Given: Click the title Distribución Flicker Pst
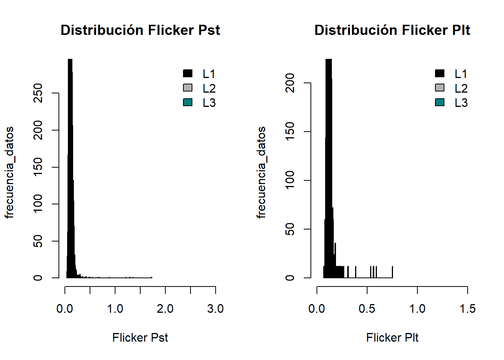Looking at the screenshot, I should (x=140, y=30).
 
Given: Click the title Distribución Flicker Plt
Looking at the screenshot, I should (x=392, y=30).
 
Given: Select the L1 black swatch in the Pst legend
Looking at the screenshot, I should (x=187, y=73).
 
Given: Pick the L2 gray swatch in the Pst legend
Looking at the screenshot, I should (x=187, y=88).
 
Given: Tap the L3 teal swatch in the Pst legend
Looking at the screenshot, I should (x=187, y=102).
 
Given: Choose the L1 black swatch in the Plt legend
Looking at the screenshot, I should (x=439, y=73).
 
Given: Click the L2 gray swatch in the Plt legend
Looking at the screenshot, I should (x=439, y=88).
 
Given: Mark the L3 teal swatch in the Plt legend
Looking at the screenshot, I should (x=439, y=102).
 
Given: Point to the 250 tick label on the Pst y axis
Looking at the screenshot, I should (x=38, y=93).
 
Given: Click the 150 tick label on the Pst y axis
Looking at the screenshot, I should (x=38, y=167).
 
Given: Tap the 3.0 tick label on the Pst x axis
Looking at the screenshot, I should (x=215, y=309).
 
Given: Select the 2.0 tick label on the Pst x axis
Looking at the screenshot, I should (x=165, y=309).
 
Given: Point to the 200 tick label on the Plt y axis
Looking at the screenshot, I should (x=290, y=83).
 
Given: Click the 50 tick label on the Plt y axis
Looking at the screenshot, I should (x=290, y=229).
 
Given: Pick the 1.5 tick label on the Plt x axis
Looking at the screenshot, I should (x=467, y=309).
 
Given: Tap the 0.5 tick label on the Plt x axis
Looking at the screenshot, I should (x=367, y=309).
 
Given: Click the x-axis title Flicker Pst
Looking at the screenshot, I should (x=140, y=337).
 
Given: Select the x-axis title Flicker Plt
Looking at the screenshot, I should (x=392, y=337).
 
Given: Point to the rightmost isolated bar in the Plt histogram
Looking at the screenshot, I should (x=392, y=272).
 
